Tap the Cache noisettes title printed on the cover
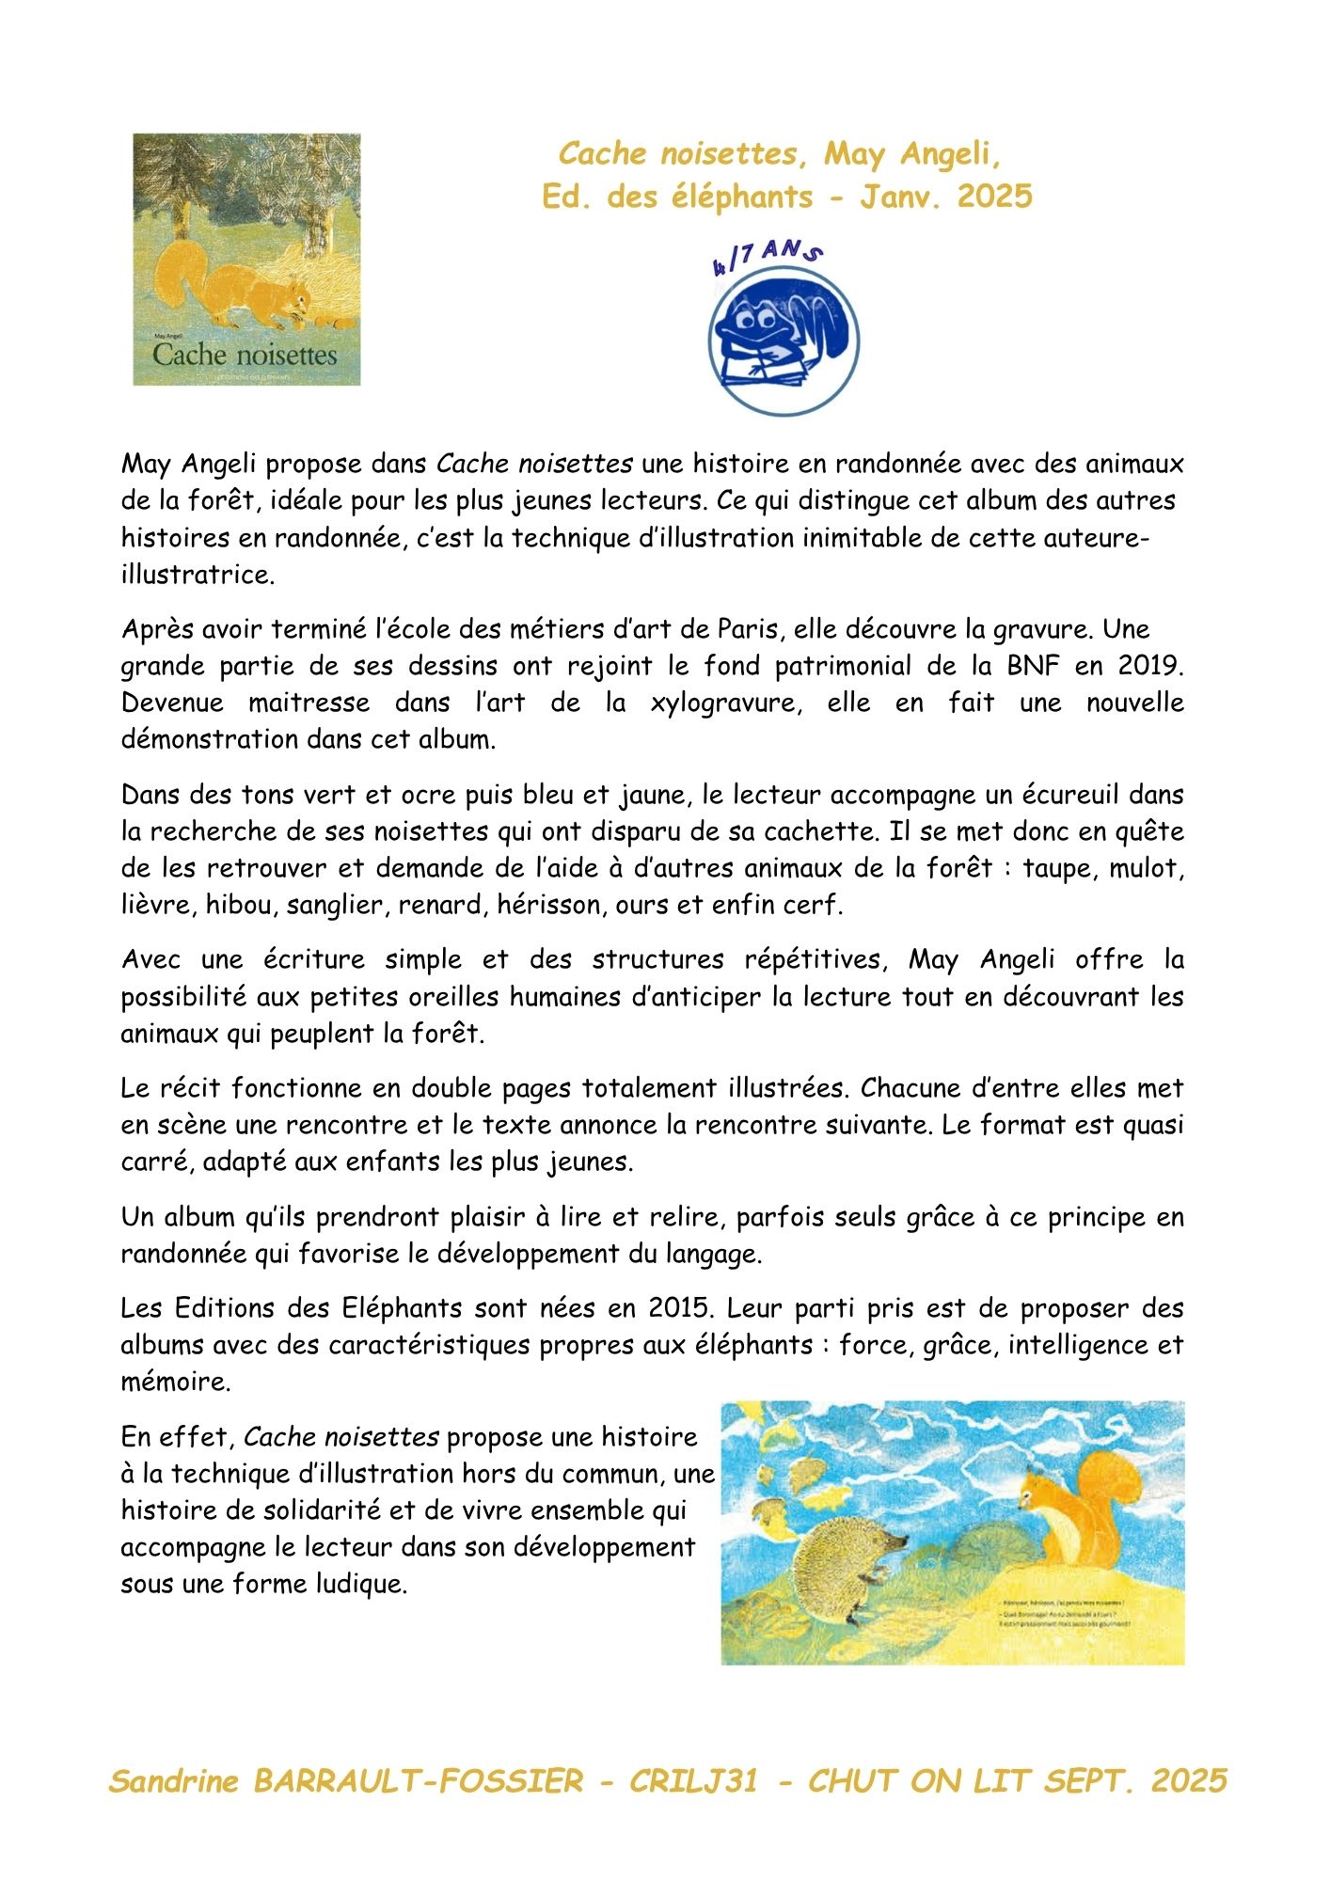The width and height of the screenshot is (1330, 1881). click(x=245, y=356)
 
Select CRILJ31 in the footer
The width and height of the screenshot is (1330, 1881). click(x=693, y=1781)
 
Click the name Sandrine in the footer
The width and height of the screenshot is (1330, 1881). click(x=174, y=1781)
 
